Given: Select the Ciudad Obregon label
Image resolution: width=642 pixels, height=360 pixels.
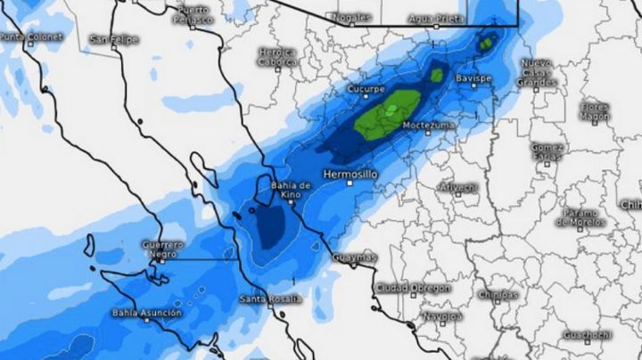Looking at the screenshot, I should (412, 289).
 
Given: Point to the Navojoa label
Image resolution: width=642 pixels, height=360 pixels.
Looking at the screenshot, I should (443, 316).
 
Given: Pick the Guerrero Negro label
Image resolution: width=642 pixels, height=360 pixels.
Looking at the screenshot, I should (162, 249).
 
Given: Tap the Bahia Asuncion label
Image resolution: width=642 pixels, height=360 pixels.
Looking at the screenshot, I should (146, 313).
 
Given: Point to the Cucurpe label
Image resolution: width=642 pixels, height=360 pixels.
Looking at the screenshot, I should (366, 90).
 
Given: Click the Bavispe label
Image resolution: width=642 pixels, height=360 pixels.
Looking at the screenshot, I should (473, 78).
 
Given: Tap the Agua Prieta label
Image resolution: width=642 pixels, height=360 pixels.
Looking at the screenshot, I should (437, 18).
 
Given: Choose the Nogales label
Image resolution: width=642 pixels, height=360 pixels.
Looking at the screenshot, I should (350, 17).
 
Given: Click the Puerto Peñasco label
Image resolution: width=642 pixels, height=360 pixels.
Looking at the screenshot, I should (193, 14).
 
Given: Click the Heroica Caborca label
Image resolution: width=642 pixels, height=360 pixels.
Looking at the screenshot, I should (276, 57).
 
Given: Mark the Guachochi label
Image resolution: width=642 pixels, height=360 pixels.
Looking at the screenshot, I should (587, 334).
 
